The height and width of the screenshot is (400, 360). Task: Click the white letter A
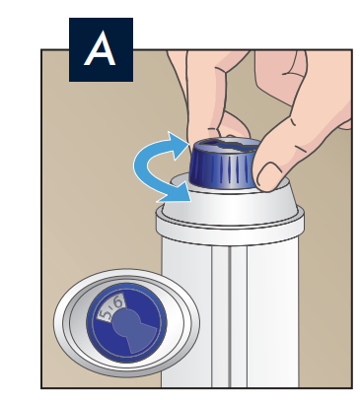click(100, 48)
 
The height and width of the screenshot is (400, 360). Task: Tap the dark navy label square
click(101, 49)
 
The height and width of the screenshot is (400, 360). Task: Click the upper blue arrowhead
click(178, 145)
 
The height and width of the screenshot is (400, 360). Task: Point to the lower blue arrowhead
click(175, 192)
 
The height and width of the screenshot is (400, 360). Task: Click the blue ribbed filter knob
click(224, 166)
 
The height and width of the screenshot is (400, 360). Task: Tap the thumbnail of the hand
click(268, 174)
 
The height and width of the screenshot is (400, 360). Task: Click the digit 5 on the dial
click(107, 315)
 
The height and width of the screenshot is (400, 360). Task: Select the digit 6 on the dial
click(118, 302)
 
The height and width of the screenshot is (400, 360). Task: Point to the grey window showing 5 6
click(111, 307)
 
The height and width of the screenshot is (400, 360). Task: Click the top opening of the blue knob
click(226, 145)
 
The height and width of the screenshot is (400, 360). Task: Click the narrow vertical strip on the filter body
click(221, 315)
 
